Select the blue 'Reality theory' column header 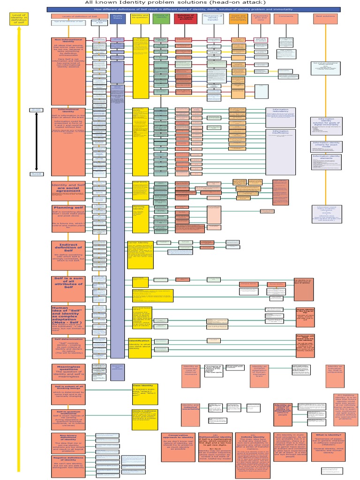coord(117,18)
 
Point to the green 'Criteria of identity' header coord(161,18)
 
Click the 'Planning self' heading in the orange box coord(68,208)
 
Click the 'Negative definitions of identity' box coord(68,464)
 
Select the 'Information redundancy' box coord(280,118)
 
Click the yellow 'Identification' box coord(139,346)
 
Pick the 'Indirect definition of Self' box coord(68,255)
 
